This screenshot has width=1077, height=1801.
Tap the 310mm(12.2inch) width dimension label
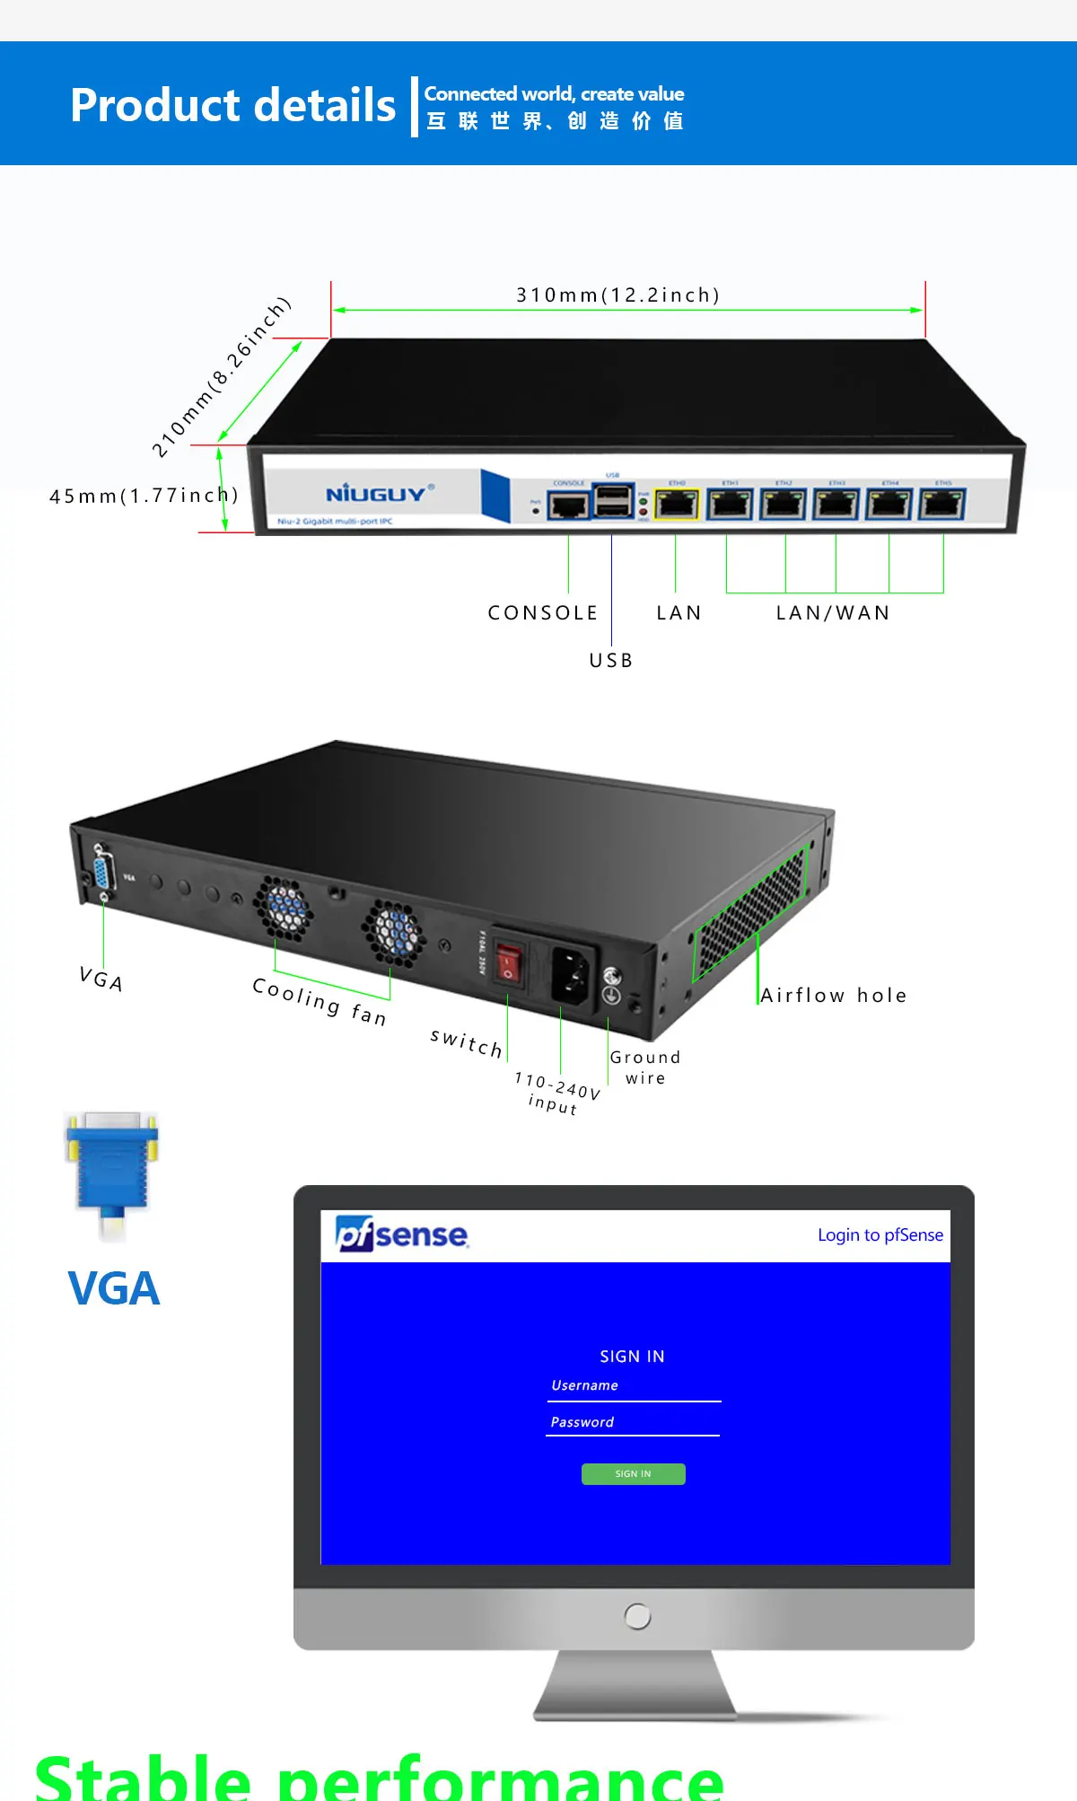(617, 295)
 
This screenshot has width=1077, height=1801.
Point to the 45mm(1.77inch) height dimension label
(144, 496)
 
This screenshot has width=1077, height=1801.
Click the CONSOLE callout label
(543, 613)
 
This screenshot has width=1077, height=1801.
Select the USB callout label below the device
(611, 661)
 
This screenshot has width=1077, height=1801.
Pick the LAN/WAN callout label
(833, 613)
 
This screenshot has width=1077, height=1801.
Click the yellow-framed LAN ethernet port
(677, 505)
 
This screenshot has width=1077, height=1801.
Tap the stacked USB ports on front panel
(613, 501)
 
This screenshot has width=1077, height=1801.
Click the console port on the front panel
(568, 505)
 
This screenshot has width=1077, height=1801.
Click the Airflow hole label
(833, 996)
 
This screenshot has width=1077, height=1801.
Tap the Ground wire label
(645, 1067)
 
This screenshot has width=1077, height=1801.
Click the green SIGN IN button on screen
(633, 1474)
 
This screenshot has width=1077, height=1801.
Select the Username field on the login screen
(634, 1387)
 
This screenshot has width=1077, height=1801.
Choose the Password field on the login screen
(633, 1423)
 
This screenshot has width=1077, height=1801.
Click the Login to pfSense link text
(880, 1235)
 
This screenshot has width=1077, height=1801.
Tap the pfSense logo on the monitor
(401, 1234)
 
